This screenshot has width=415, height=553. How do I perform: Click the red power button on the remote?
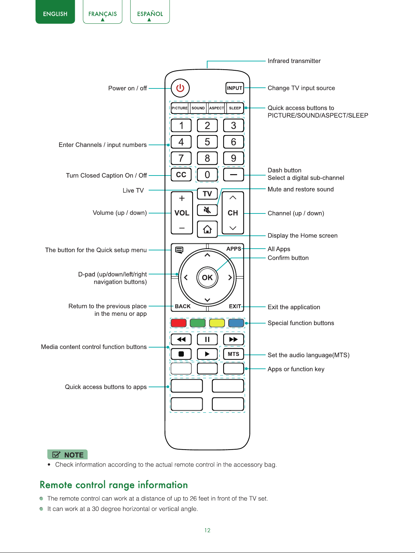(180, 88)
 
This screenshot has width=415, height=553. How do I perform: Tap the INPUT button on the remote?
(235, 88)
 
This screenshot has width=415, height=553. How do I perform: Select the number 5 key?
(207, 142)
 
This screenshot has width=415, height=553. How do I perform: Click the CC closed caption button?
(181, 174)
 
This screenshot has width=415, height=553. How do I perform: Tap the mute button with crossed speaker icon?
(207, 210)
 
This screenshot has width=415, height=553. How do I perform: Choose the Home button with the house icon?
(207, 229)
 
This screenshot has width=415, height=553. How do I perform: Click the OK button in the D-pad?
(207, 278)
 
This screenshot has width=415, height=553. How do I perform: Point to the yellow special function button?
(217, 323)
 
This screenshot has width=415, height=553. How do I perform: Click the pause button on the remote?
(207, 340)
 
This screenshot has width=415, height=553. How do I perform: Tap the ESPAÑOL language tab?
(150, 12)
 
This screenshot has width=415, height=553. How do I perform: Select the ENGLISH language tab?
(55, 12)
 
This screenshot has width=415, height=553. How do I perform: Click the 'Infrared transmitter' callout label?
(294, 61)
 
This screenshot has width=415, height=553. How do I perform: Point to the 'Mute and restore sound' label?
(300, 189)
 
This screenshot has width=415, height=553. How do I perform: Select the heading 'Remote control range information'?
(114, 485)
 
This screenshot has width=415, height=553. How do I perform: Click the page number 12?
(207, 530)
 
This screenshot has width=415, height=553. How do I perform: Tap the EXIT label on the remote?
(235, 306)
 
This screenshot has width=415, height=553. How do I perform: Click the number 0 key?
(207, 174)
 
